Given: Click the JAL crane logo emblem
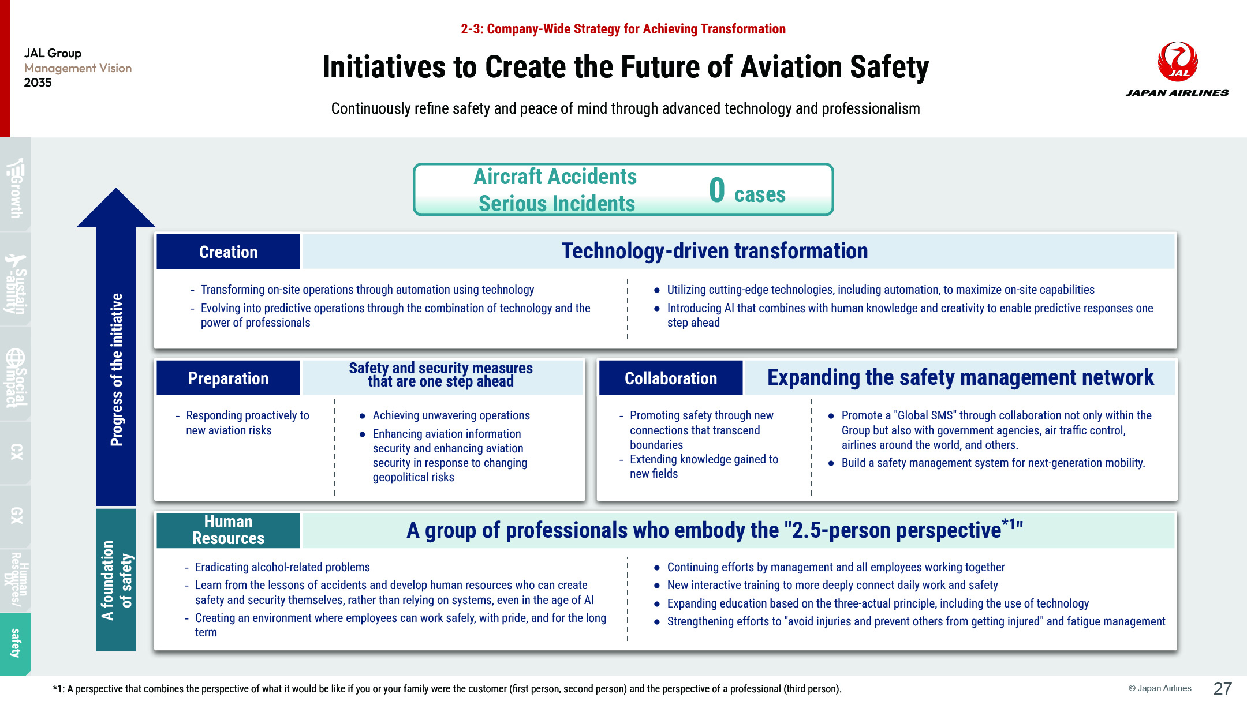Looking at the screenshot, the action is [x=1177, y=61].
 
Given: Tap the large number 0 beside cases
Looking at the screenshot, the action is [x=717, y=190].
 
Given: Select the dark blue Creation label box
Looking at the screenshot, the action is [x=228, y=252].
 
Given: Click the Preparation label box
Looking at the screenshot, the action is [x=228, y=378].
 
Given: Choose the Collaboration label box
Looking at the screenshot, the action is [x=671, y=378].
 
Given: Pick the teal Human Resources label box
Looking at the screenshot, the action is [x=228, y=530].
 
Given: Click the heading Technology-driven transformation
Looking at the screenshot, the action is [x=715, y=251].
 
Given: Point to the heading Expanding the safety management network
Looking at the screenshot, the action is [x=961, y=377].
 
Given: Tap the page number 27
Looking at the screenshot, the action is [x=1223, y=688].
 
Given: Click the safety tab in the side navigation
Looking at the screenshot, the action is [x=16, y=643].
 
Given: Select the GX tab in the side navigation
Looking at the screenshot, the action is [x=16, y=515].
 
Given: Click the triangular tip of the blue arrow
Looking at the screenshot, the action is [x=116, y=189].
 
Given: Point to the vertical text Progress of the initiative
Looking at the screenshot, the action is [x=116, y=369].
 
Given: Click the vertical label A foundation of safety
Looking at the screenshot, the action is [x=117, y=580].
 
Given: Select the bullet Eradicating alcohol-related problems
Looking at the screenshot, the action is [x=282, y=567].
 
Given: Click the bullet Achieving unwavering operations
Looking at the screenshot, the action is [x=451, y=415].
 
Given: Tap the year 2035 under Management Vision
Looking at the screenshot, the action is [x=38, y=83].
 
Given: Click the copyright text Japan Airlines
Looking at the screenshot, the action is [x=1160, y=688].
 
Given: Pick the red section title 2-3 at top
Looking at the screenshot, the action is [x=623, y=29].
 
